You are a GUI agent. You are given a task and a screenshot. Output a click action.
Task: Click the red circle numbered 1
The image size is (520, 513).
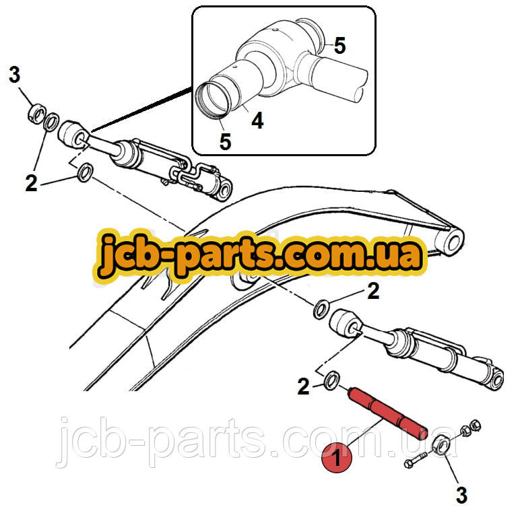point(337,458)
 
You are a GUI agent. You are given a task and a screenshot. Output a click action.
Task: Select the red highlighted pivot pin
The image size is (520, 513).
point(387,413)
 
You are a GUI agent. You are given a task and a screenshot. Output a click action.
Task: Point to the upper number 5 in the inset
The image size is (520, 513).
point(339,45)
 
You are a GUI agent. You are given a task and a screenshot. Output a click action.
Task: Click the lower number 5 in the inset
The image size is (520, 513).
point(225,141)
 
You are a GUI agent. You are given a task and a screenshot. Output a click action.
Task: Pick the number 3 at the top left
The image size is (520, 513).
point(14,75)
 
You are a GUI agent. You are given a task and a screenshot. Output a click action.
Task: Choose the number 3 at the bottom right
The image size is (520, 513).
point(461,495)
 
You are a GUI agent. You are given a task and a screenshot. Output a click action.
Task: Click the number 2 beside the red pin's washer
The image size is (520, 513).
point(303,386)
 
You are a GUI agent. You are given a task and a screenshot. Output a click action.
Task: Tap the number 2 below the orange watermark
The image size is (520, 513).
point(373,291)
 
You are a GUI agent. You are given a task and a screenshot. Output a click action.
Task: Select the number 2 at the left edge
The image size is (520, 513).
point(31,183)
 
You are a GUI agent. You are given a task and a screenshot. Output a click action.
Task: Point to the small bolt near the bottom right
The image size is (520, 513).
point(415,460)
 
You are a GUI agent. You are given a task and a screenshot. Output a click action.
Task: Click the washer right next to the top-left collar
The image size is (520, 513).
point(51,122)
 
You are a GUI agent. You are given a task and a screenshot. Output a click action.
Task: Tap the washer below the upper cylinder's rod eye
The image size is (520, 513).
point(85,172)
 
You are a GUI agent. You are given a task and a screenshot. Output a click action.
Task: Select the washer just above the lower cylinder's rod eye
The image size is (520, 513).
point(321,309)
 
